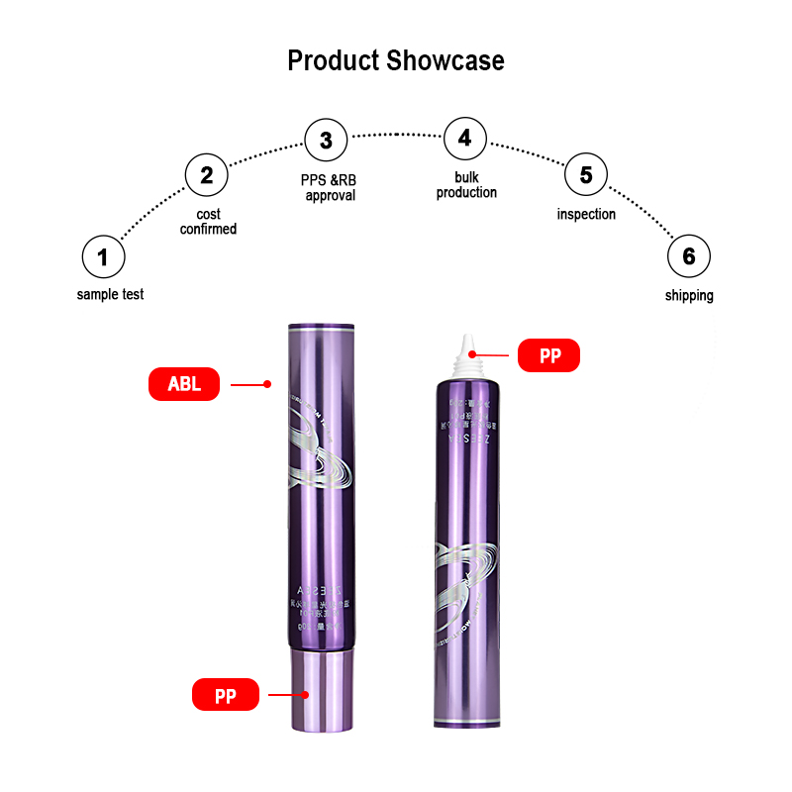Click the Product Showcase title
pyautogui.click(x=396, y=60)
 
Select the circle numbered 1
pyautogui.click(x=103, y=258)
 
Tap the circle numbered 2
pyautogui.click(x=207, y=176)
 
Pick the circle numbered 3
pyautogui.click(x=326, y=140)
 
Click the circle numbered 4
pyautogui.click(x=465, y=139)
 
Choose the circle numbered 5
pyautogui.click(x=586, y=175)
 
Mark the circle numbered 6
pyautogui.click(x=688, y=257)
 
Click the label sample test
pyautogui.click(x=110, y=294)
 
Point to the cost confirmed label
pyautogui.click(x=208, y=222)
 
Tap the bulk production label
pyautogui.click(x=466, y=185)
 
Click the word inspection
pyautogui.click(x=586, y=214)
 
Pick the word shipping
pyautogui.click(x=689, y=295)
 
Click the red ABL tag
pyautogui.click(x=183, y=384)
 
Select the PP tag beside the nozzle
pyautogui.click(x=549, y=355)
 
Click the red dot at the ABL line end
pyautogui.click(x=267, y=384)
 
